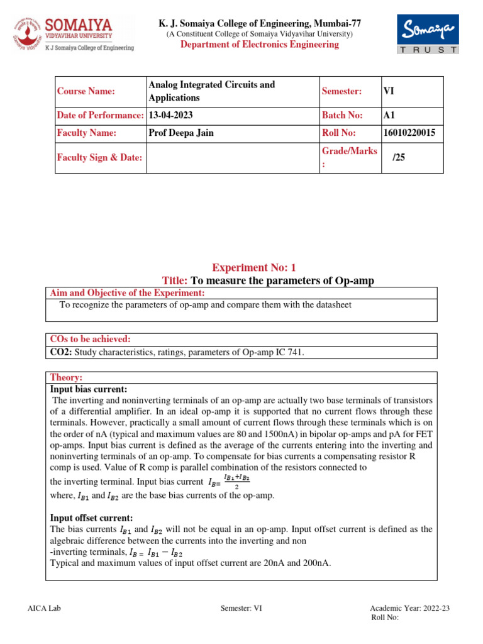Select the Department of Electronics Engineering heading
click(x=259, y=45)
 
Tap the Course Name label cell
click(x=86, y=92)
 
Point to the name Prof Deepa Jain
click(x=180, y=133)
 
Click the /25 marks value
click(x=399, y=158)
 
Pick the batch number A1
click(x=389, y=115)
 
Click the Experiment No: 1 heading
click(x=253, y=268)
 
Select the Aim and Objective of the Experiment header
click(x=127, y=293)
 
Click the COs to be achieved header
click(x=90, y=339)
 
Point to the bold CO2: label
click(x=61, y=353)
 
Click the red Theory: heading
click(x=66, y=377)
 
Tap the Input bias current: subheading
click(x=88, y=389)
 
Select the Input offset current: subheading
click(x=91, y=518)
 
